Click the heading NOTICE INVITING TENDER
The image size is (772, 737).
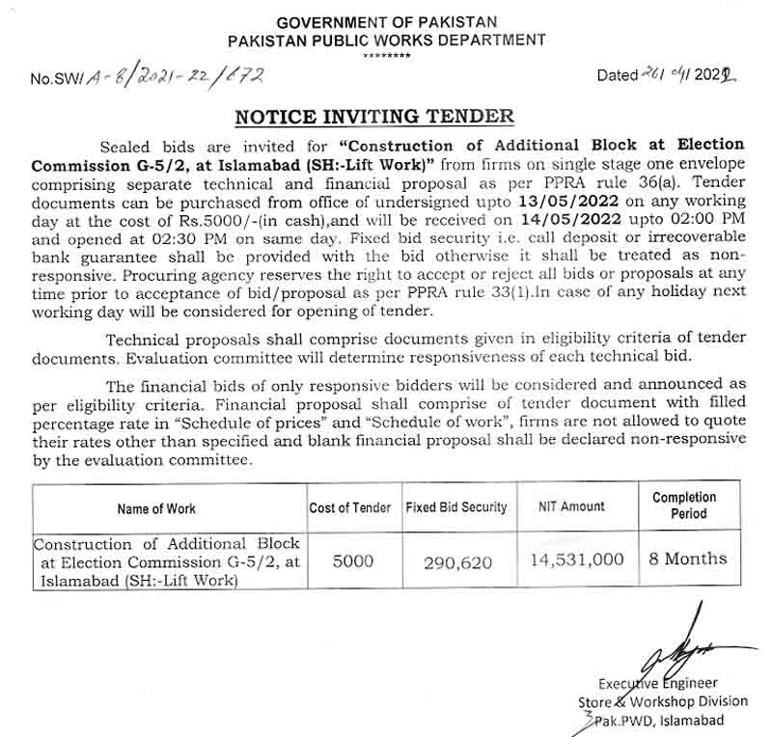[x=374, y=117]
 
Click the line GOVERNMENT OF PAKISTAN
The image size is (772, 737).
[x=386, y=22]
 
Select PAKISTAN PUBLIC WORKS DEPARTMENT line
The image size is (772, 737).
[x=386, y=41]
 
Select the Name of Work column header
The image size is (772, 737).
[x=156, y=508]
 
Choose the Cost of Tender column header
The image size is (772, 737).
[x=350, y=507]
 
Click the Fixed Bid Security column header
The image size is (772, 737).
[x=455, y=507]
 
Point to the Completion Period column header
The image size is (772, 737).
[x=684, y=505]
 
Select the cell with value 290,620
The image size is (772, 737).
[x=455, y=562]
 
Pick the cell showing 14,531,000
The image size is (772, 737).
[x=577, y=560]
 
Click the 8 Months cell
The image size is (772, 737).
[x=687, y=559]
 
